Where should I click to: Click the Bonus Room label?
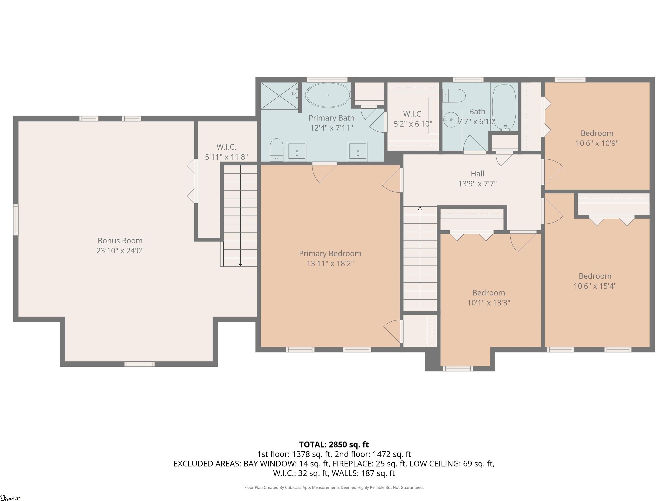pyautogui.click(x=120, y=241)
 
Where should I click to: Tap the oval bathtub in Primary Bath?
pyautogui.click(x=328, y=95)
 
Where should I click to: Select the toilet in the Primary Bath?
pyautogui.click(x=276, y=150)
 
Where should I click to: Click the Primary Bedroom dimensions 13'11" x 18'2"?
pyautogui.click(x=330, y=263)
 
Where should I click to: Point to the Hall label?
pyautogui.click(x=478, y=174)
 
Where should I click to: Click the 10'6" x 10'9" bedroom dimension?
pyautogui.click(x=597, y=143)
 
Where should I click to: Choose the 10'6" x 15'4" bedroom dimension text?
pyautogui.click(x=595, y=286)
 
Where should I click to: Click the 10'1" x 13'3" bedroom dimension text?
pyautogui.click(x=489, y=303)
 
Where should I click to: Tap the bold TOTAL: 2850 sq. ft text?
pyautogui.click(x=334, y=444)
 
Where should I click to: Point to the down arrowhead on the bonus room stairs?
pyautogui.click(x=240, y=265)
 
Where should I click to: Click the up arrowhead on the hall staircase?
pyautogui.click(x=420, y=208)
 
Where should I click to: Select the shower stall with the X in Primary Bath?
pyautogui.click(x=279, y=96)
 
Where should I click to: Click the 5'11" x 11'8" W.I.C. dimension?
pyautogui.click(x=227, y=157)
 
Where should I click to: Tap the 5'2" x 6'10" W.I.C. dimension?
pyautogui.click(x=413, y=124)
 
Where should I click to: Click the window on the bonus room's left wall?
pyautogui.click(x=16, y=220)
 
